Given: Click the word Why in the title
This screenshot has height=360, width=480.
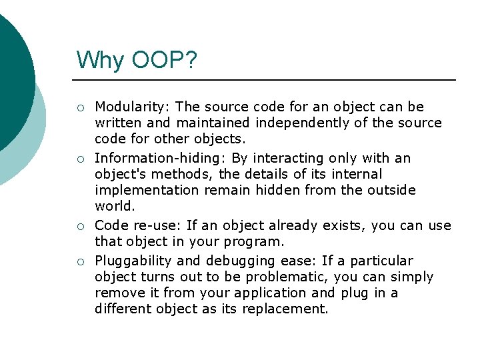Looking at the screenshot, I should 99,61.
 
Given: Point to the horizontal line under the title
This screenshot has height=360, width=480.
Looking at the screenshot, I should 267,80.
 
